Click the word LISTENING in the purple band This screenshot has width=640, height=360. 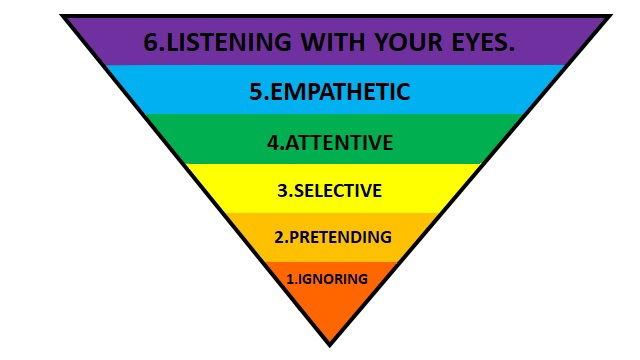tap(221, 43)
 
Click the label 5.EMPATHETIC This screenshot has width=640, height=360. tap(329, 92)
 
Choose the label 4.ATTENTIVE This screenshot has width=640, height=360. tap(329, 142)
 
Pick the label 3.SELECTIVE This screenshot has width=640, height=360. tap(329, 190)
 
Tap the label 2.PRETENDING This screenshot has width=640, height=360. tap(332, 238)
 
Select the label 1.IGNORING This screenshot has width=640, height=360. tap(327, 279)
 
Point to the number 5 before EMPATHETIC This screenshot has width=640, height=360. tap(256, 92)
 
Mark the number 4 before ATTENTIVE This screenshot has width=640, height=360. tap(272, 142)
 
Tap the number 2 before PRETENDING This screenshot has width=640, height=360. tap(280, 238)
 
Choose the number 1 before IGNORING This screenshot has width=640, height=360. tap(290, 279)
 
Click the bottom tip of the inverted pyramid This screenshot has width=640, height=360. tap(329, 345)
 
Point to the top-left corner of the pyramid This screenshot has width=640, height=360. tap(62, 15)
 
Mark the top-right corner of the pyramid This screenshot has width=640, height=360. tap(610, 15)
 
